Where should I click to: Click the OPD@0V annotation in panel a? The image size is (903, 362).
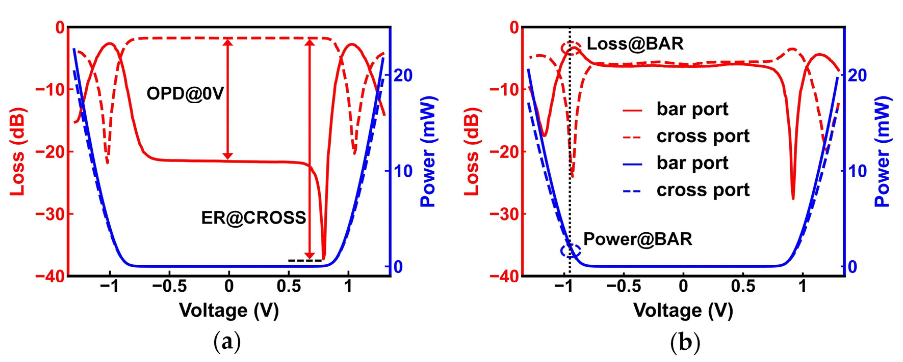185,94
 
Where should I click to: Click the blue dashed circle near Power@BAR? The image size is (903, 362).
571,251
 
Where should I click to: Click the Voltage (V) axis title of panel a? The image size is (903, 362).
229,310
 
